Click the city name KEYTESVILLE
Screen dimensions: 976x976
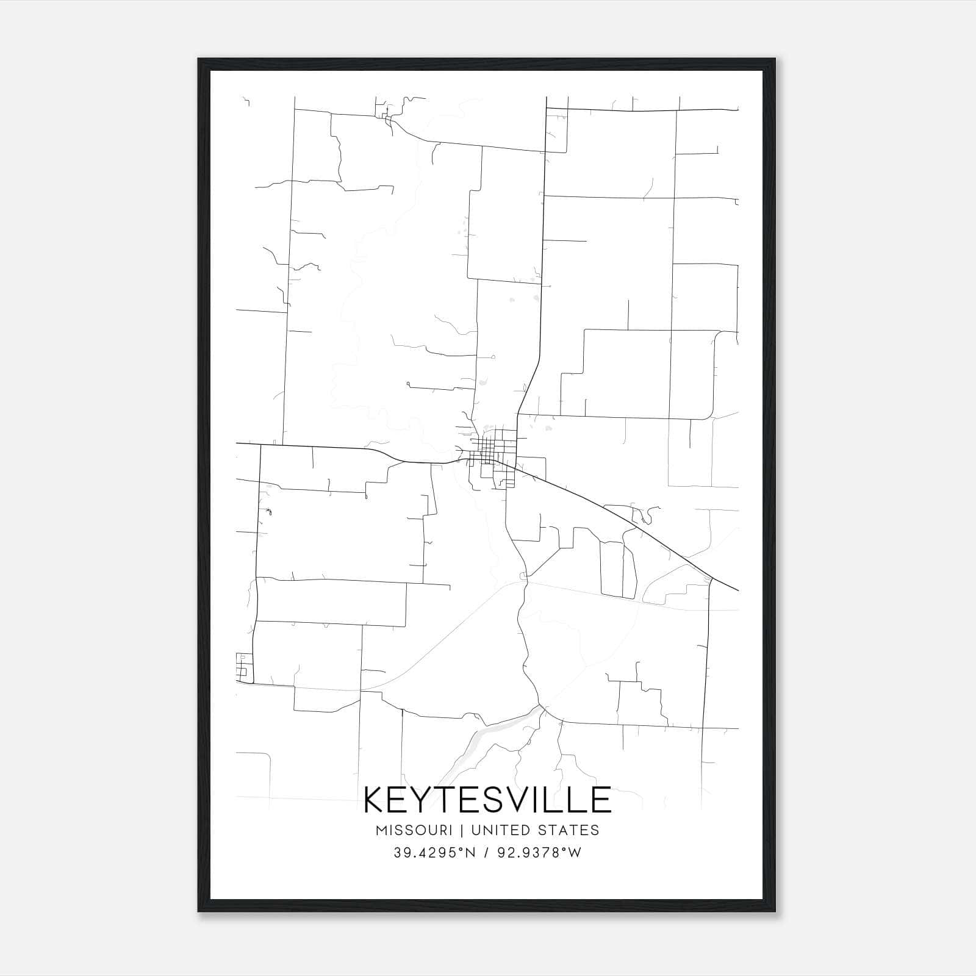click(487, 800)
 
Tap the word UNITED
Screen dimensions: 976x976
click(498, 830)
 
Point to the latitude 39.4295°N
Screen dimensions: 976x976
click(434, 853)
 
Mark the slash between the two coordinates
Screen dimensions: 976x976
click(486, 853)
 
